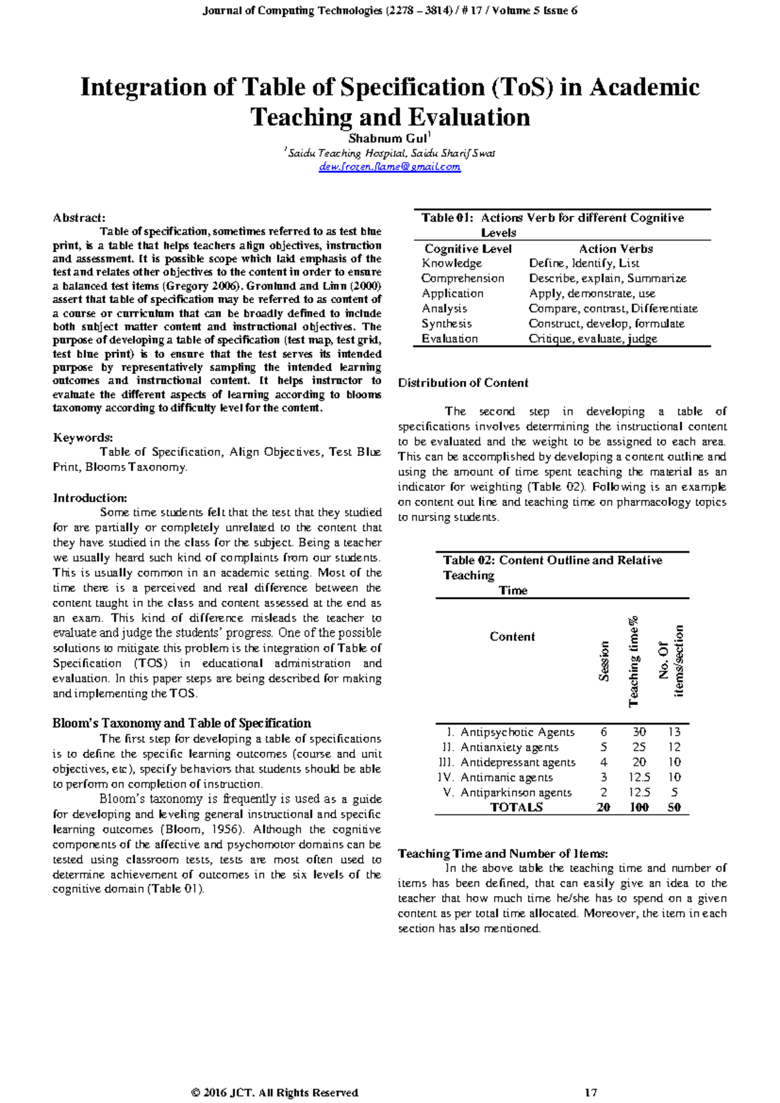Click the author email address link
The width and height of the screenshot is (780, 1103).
tap(390, 167)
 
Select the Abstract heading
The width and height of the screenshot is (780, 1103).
tap(79, 218)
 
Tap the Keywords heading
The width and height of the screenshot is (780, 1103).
tap(83, 438)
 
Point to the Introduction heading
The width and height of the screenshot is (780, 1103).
tap(90, 498)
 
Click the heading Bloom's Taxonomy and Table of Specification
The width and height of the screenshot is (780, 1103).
tap(181, 723)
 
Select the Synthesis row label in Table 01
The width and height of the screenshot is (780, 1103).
tap(447, 324)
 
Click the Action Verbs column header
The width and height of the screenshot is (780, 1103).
tap(616, 249)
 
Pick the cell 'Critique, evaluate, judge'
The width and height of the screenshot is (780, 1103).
tap(593, 339)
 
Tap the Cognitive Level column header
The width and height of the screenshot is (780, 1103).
tap(468, 249)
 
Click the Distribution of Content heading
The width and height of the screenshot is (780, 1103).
tap(463, 383)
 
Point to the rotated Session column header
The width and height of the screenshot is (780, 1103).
tap(604, 661)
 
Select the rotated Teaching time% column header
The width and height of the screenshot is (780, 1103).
tap(634, 661)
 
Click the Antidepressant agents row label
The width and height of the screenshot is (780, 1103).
tap(517, 762)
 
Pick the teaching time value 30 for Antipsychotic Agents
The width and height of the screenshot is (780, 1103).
tap(640, 732)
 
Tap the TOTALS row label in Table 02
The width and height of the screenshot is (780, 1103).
tap(516, 808)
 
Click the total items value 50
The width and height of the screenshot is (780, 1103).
tap(674, 808)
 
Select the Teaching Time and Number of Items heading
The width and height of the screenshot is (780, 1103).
tap(502, 854)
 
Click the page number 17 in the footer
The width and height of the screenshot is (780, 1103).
tap(590, 1093)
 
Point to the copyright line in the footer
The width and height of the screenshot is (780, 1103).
tap(274, 1093)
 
